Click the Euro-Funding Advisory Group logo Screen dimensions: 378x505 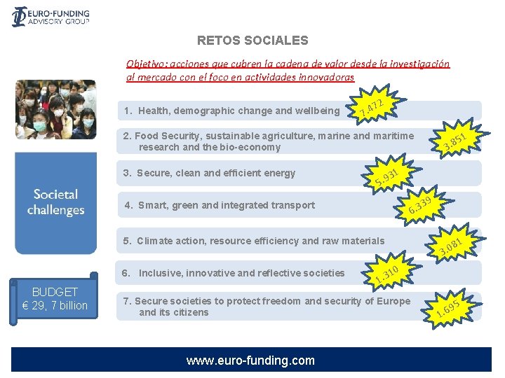(x=50, y=16)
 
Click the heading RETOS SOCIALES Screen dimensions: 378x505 (x=252, y=41)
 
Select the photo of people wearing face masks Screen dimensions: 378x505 (x=55, y=111)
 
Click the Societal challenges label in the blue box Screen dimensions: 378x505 (x=55, y=202)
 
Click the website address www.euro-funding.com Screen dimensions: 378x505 (x=250, y=360)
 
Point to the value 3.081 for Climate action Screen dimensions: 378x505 (x=450, y=247)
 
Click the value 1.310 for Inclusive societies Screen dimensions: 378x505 (x=387, y=274)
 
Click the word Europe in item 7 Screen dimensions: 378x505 (x=393, y=301)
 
